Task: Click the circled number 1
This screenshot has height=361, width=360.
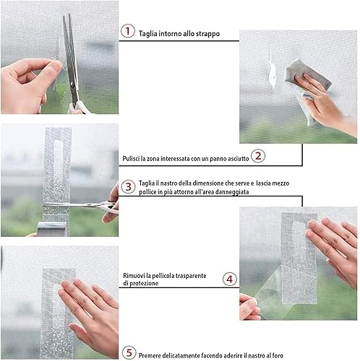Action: point(128,31)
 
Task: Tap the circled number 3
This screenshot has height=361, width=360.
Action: point(128,186)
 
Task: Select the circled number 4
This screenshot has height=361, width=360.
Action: point(229,278)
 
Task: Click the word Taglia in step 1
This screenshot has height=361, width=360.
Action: point(149,34)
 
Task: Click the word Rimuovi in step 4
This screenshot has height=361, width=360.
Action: point(133,275)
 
